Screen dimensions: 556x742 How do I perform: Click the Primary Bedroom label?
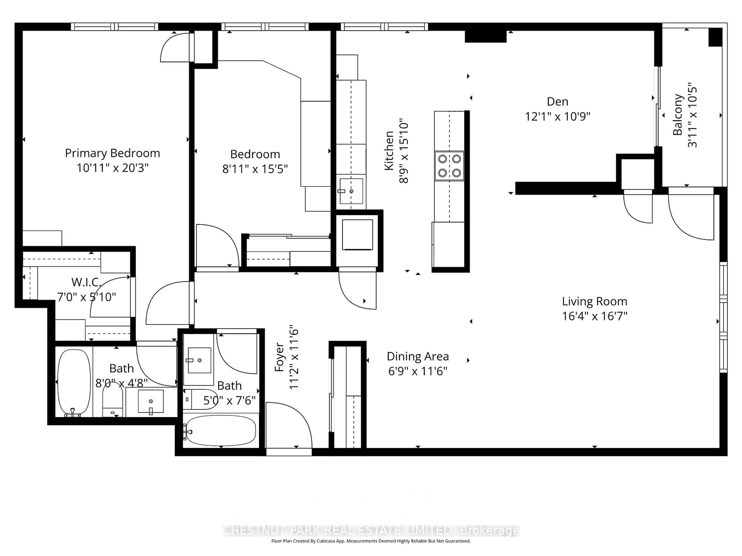click(112, 153)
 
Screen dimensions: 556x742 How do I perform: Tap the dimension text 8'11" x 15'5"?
click(255, 169)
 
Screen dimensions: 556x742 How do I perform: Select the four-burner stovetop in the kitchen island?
click(449, 166)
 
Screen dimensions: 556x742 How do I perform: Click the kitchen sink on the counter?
click(351, 191)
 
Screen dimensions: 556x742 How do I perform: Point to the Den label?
click(557, 102)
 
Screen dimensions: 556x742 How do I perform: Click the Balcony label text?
click(678, 115)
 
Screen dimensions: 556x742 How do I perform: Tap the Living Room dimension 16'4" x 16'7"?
click(594, 316)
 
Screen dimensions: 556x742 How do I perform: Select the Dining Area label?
click(418, 356)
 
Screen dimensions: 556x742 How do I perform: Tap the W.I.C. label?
click(86, 282)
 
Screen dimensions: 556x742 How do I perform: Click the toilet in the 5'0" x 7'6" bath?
click(201, 399)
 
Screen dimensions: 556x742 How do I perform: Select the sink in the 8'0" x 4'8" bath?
click(151, 401)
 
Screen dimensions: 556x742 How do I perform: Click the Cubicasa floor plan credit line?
click(371, 541)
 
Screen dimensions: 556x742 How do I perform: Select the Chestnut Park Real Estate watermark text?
click(371, 531)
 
